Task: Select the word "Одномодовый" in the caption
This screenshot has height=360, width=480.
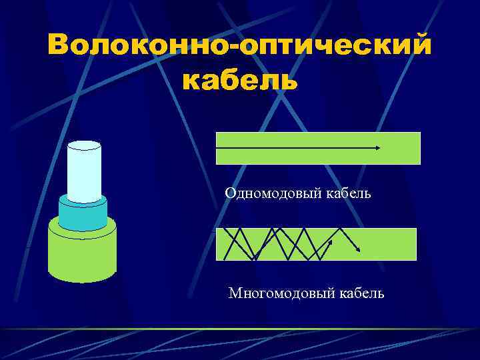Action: click(273, 193)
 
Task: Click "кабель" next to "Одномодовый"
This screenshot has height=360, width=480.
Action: click(348, 193)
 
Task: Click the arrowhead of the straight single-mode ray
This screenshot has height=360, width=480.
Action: click(378, 147)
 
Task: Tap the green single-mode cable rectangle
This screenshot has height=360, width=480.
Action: click(317, 157)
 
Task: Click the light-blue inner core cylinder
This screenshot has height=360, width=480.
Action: click(84, 173)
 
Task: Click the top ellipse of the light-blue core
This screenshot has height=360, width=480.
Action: click(84, 145)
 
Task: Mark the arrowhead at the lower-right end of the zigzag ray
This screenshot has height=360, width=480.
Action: click(360, 249)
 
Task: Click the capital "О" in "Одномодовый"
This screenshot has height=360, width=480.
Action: click(230, 193)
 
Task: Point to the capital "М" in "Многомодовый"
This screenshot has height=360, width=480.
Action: click(234, 293)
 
